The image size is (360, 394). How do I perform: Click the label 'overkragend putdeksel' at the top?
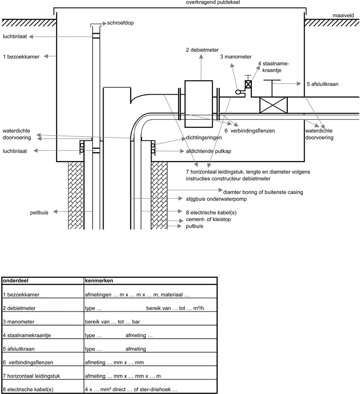[213, 2]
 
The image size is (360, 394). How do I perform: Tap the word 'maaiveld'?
[343, 15]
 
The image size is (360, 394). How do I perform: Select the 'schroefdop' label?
[120, 23]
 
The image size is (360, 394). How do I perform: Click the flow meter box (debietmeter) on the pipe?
[199, 104]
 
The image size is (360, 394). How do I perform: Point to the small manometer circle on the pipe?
[238, 92]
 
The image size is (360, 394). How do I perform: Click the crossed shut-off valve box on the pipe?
[273, 105]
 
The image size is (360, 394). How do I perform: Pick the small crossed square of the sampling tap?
[248, 84]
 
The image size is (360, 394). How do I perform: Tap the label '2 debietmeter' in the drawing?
[202, 50]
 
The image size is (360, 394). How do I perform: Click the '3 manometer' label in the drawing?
[236, 57]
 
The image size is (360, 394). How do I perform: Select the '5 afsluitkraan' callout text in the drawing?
[322, 84]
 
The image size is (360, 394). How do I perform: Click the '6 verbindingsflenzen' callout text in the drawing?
[250, 131]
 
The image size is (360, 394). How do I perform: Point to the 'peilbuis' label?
[39, 213]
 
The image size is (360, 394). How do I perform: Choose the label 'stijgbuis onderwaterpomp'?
[216, 199]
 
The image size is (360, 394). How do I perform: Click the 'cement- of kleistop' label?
[208, 219]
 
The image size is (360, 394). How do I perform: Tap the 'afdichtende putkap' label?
[209, 151]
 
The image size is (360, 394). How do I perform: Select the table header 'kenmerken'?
[99, 281]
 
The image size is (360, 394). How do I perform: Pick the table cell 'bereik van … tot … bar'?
[112, 322]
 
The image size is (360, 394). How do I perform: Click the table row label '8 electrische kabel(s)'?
[28, 389]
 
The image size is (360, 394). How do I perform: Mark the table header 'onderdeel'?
[15, 281]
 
